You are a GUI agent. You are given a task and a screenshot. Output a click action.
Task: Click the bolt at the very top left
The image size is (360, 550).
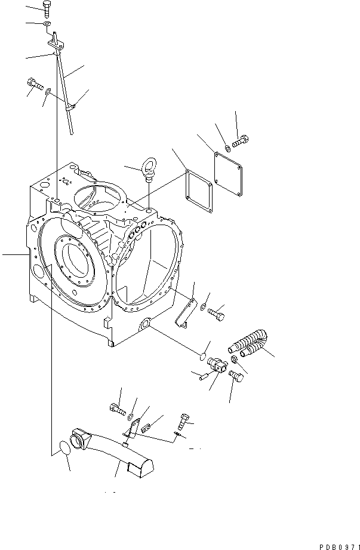[x=47, y=8]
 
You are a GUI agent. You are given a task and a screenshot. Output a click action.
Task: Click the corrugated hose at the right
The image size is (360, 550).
[x=250, y=343]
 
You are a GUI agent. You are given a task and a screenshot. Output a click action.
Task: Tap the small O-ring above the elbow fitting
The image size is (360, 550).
[x=203, y=348]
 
